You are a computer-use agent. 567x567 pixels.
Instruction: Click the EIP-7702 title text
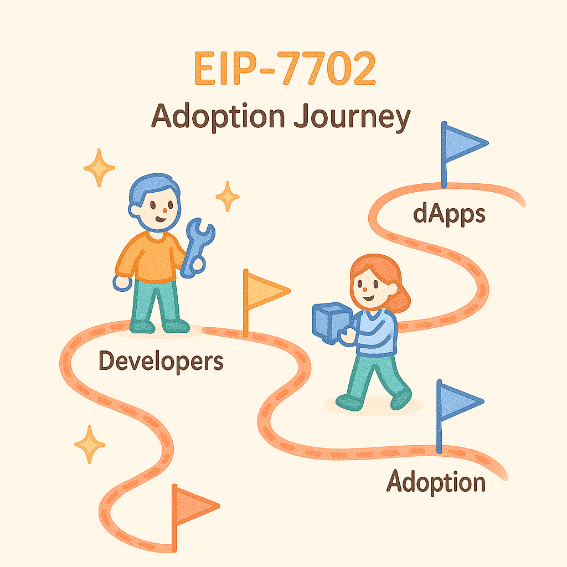(x=285, y=68)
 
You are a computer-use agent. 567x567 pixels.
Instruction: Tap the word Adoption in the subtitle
(x=218, y=116)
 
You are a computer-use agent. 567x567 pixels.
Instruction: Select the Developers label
(x=161, y=361)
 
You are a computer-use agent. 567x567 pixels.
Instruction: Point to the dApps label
(x=449, y=214)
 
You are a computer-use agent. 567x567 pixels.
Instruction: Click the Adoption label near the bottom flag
(x=436, y=482)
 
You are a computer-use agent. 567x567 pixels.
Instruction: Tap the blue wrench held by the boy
(x=197, y=248)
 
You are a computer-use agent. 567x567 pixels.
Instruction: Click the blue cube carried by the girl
(x=332, y=322)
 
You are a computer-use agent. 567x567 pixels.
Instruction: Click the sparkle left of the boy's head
(x=99, y=168)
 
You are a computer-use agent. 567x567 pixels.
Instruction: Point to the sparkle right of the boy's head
(x=228, y=197)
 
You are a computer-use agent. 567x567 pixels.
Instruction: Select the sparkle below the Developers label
(x=90, y=445)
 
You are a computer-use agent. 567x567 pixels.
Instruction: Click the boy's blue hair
(x=152, y=188)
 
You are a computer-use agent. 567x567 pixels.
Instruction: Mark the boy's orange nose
(x=165, y=210)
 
